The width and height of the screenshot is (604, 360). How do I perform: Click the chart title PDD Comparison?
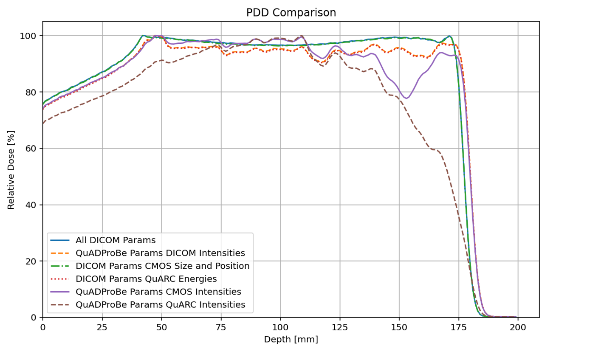(291, 13)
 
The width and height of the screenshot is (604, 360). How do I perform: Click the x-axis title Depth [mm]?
(291, 339)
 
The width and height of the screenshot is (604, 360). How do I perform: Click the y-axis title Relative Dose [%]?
(11, 170)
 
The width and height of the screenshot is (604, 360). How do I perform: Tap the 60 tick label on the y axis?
(31, 149)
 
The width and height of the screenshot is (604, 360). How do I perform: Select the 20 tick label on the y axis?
(31, 261)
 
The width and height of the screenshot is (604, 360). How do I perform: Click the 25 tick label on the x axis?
(102, 327)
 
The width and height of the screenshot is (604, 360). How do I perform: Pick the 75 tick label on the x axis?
(220, 327)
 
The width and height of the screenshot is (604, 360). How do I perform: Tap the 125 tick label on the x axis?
(339, 327)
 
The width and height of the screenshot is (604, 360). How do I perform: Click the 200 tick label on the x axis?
(518, 327)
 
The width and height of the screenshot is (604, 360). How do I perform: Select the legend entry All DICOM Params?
(116, 240)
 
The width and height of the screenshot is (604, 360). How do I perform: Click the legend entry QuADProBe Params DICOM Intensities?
(160, 253)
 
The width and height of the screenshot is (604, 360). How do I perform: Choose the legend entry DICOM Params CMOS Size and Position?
(162, 266)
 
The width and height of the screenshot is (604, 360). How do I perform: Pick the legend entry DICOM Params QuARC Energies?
(146, 279)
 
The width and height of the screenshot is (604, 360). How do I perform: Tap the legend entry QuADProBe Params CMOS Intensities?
(158, 292)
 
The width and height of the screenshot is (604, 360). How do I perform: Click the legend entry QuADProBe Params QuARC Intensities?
(160, 305)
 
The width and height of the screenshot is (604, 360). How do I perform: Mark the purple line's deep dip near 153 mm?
(406, 98)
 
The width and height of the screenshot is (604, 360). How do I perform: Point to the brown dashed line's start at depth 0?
(43, 124)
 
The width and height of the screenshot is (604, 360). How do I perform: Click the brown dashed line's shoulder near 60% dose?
(433, 149)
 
